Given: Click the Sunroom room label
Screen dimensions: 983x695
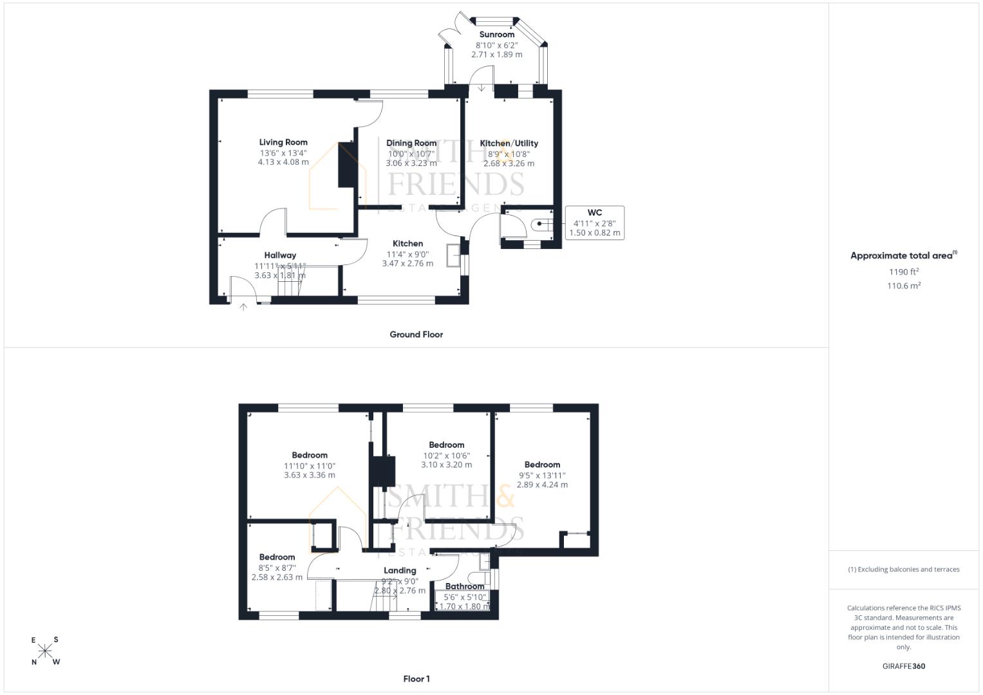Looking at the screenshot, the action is point(497,34).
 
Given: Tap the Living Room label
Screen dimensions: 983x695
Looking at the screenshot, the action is point(283,142).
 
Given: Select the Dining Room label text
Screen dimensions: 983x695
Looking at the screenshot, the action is point(411,143).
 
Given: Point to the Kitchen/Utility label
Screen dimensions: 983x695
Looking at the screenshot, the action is point(509,143).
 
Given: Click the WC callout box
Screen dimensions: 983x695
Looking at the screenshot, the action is point(595,223).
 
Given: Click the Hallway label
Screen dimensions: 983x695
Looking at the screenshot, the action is point(280,255).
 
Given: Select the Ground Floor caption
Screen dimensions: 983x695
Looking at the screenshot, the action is point(416,335).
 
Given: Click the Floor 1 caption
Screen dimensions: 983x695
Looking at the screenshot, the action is point(417,679).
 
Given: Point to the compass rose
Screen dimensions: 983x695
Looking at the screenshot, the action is point(45,651).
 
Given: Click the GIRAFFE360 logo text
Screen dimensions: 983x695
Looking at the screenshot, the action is point(904,666).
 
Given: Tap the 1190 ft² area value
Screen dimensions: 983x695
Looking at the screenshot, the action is point(904,272).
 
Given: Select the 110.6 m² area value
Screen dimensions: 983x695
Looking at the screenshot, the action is point(904,286).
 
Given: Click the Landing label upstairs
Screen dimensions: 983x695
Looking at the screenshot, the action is point(400,570).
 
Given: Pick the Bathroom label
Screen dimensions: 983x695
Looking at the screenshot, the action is point(465,586).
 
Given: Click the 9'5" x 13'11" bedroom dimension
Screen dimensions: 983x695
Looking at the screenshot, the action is point(543,475).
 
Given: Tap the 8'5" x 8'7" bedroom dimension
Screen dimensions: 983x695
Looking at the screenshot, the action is point(277,568).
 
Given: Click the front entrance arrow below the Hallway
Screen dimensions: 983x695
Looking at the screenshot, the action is point(243,307).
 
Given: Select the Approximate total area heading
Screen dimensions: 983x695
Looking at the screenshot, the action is point(904,255).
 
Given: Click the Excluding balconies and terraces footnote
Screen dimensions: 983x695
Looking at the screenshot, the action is point(904,570).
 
